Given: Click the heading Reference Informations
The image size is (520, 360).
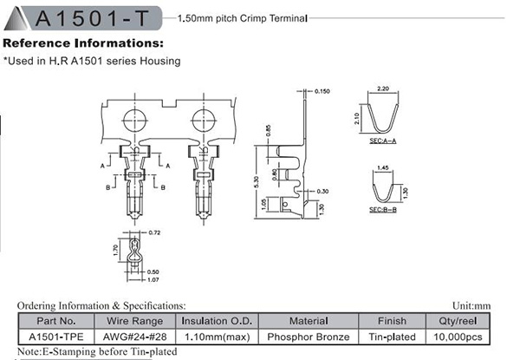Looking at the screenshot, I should click(83, 43).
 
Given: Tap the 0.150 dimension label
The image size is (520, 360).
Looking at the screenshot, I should click(323, 91).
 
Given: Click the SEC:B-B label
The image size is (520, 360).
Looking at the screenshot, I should click(382, 210).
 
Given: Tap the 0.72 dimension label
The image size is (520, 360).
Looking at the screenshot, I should click(156, 234).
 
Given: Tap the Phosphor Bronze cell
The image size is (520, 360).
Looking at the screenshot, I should click(309, 337).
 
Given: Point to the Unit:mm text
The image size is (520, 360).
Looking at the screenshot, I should click(496, 306).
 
